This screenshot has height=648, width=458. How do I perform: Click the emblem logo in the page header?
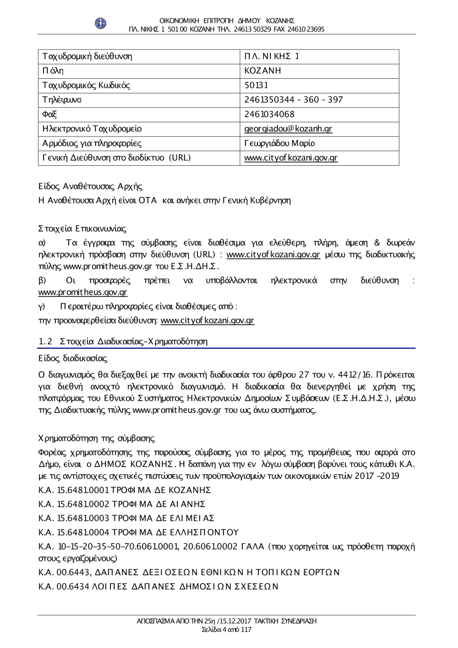pyautogui.click(x=100, y=23)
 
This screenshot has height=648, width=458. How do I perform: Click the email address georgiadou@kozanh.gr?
pyautogui.click(x=288, y=129)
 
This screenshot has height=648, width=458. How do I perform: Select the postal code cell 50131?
pyautogui.click(x=256, y=85)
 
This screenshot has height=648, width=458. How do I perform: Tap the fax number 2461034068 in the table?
pyautogui.click(x=269, y=114)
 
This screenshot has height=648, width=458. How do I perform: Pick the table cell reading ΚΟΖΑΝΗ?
pyautogui.click(x=262, y=71)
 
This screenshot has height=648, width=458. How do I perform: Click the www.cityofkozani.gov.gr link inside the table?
pyautogui.click(x=291, y=158)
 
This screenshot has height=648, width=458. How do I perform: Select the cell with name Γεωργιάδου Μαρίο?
pyautogui.click(x=279, y=143)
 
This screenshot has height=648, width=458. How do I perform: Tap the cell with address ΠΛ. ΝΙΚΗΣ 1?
pyautogui.click(x=272, y=56)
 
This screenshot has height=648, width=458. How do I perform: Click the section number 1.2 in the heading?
pyautogui.click(x=45, y=342)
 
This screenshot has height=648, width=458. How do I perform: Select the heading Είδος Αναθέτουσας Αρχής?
pyautogui.click(x=90, y=186)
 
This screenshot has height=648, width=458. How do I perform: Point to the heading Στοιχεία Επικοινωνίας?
pyautogui.click(x=82, y=229)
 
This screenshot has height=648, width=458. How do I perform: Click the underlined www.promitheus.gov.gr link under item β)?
pyautogui.click(x=82, y=292)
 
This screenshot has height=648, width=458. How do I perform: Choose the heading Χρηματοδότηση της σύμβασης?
pyautogui.click(x=96, y=439)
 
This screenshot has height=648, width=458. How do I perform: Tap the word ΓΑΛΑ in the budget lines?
pyautogui.click(x=252, y=546)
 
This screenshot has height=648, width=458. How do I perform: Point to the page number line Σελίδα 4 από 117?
pyautogui.click(x=227, y=630)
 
